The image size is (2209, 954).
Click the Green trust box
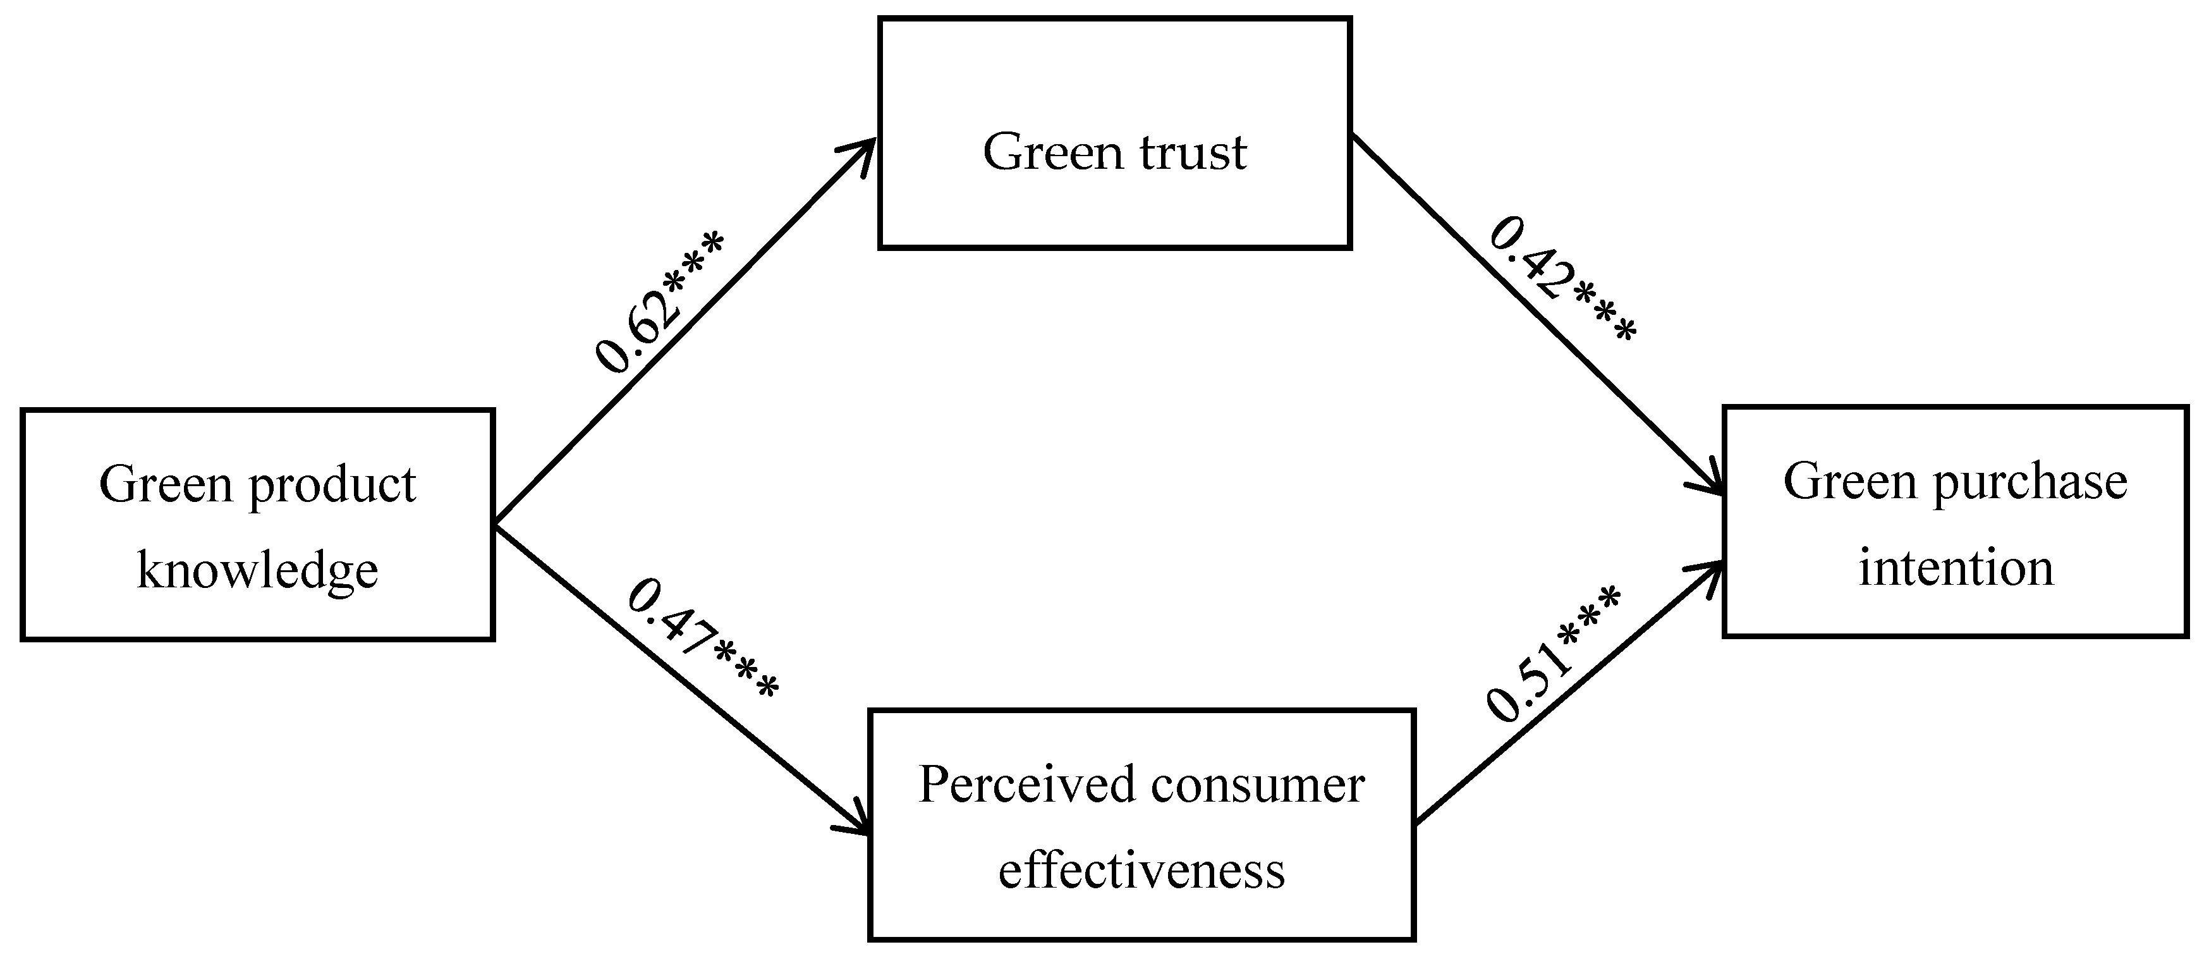(x=1115, y=133)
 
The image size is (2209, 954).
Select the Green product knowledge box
(x=257, y=525)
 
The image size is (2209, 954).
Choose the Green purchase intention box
(x=1955, y=522)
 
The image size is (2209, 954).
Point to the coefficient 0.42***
(x=1561, y=279)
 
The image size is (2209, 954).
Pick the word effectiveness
(x=1141, y=870)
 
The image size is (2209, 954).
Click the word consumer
(x=1257, y=784)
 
